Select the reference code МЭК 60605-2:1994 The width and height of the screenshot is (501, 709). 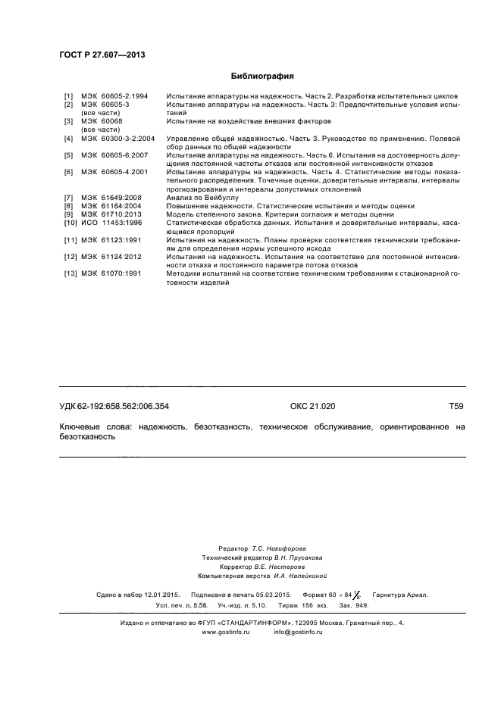[x=114, y=97]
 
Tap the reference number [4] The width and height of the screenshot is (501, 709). [x=68, y=139]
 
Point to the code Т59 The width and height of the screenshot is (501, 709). [x=456, y=407]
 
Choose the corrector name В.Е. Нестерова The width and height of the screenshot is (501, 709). [x=279, y=566]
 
